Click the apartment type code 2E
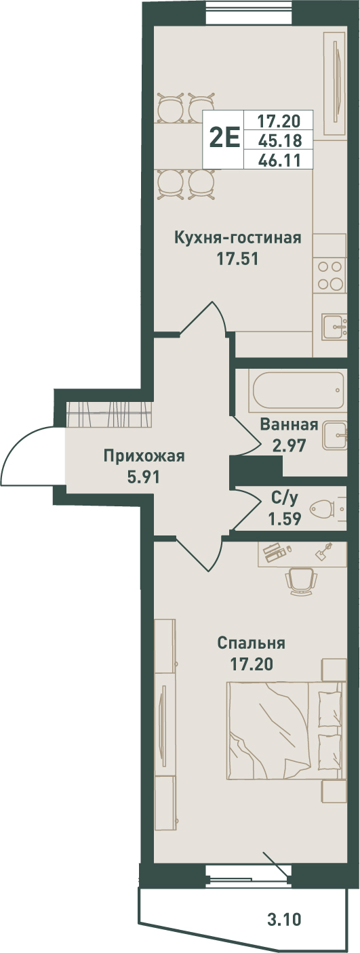(x=225, y=138)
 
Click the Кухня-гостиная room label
(x=238, y=237)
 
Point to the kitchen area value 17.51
(x=238, y=259)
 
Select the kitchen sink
(x=334, y=326)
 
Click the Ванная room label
(x=289, y=424)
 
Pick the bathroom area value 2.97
(x=289, y=446)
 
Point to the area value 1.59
(x=284, y=519)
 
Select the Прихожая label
(x=144, y=456)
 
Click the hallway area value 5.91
(x=144, y=477)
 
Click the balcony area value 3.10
(x=285, y=931)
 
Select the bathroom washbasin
(x=335, y=436)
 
